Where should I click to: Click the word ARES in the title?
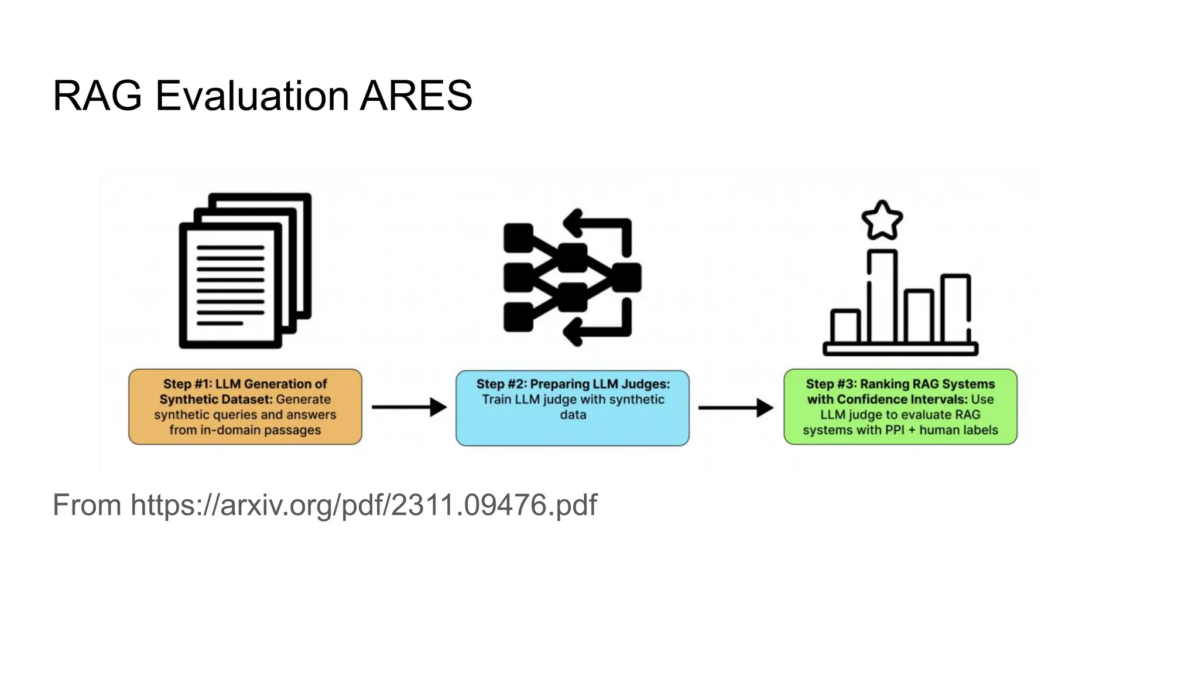coord(416,96)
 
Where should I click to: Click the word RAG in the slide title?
coord(97,96)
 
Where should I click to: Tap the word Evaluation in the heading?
coord(251,96)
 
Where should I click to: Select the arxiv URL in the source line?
coord(364,505)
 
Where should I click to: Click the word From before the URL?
coord(87,505)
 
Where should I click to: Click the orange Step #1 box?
coord(245,407)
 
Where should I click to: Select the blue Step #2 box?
coord(573,408)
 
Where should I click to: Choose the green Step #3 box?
coord(900,407)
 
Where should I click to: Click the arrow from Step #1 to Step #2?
coord(409,407)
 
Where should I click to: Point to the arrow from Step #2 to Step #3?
coord(736,407)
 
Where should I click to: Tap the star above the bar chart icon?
coord(882,221)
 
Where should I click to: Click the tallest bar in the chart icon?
coord(882,296)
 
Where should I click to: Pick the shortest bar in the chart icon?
coord(845,326)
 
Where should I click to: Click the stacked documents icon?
coord(245,270)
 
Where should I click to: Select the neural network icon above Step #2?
coord(572,277)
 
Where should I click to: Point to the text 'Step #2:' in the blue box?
coord(501,384)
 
